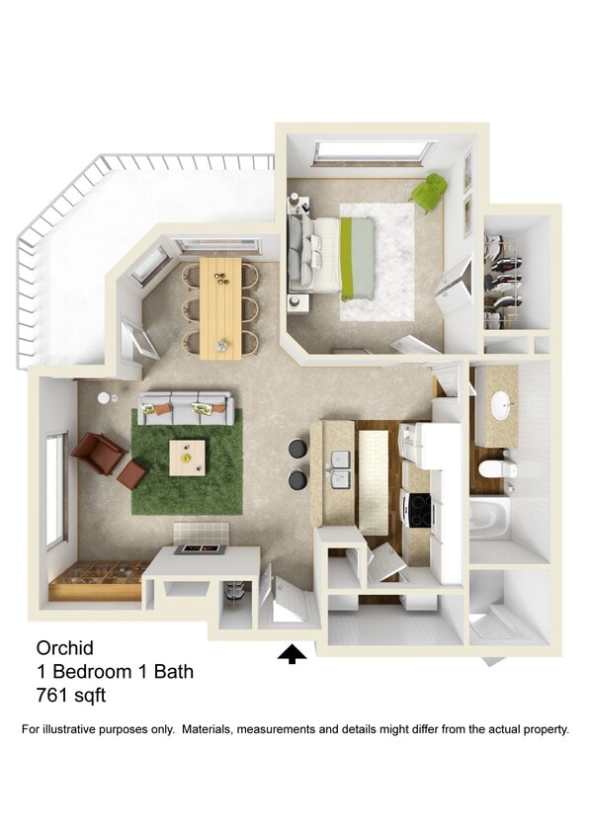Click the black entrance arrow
(293, 653)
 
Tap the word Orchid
(64, 648)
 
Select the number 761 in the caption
(52, 696)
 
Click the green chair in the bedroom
(429, 192)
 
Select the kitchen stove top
(419, 510)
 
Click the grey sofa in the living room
(186, 405)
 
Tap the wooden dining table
(219, 307)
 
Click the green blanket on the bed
(347, 258)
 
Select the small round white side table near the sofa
(105, 398)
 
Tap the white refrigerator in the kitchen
(435, 446)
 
